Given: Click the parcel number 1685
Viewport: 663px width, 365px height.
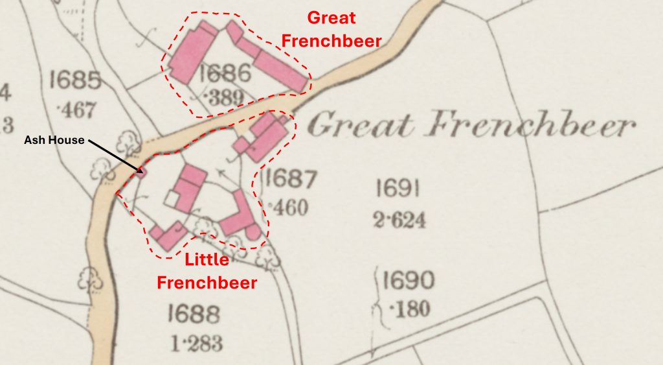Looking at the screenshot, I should pos(75,81).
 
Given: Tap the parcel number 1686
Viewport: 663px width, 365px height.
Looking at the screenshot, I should pos(225,73).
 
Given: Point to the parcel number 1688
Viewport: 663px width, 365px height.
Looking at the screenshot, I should pos(194,314).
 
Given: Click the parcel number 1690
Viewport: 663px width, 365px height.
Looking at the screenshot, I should pos(408,281).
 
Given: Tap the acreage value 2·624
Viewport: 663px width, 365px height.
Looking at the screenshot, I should pos(399,220).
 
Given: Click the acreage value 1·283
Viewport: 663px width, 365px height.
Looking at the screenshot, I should pos(194,342).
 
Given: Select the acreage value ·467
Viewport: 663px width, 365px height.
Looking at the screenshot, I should pos(76,110).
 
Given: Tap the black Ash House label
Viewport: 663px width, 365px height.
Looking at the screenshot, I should pos(54,140).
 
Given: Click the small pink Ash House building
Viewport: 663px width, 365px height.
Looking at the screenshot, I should pos(142,171).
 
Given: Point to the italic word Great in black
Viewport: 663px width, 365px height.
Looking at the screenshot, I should pos(359,125).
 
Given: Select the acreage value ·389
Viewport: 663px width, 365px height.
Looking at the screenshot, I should pos(224,99).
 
